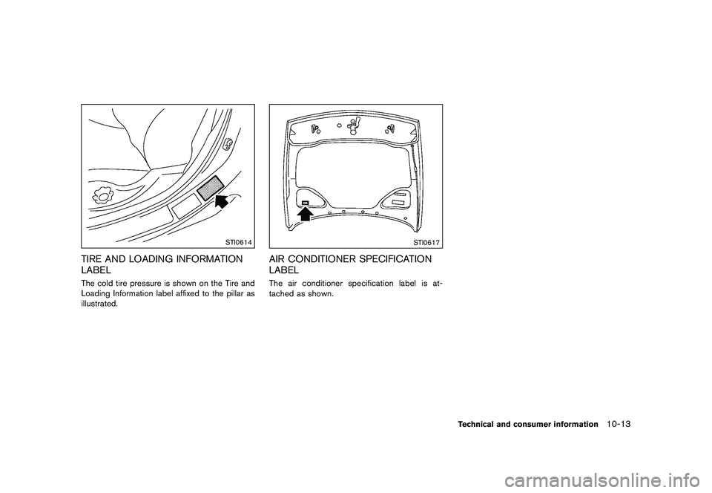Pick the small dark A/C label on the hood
click(x=305, y=202)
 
